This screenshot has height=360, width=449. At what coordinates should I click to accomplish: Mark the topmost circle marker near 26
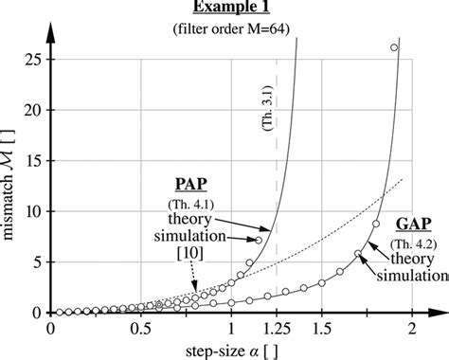(394, 47)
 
